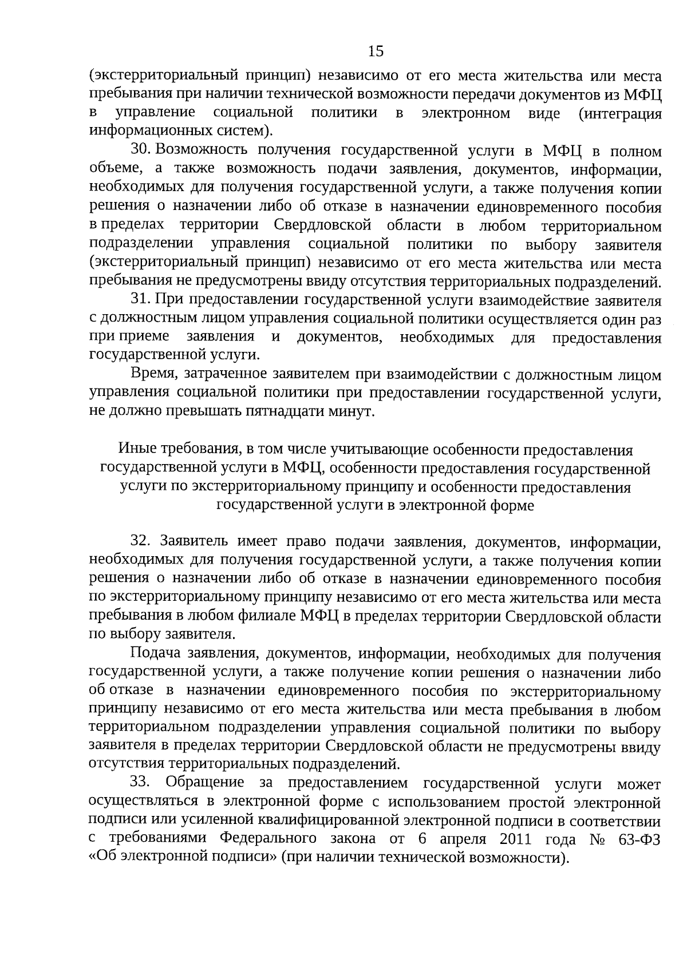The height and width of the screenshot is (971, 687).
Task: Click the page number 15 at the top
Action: (376, 52)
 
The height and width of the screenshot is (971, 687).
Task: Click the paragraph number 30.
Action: (141, 151)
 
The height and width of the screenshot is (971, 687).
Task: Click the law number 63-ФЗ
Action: (640, 839)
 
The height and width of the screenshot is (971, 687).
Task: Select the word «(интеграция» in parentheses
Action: (620, 114)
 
